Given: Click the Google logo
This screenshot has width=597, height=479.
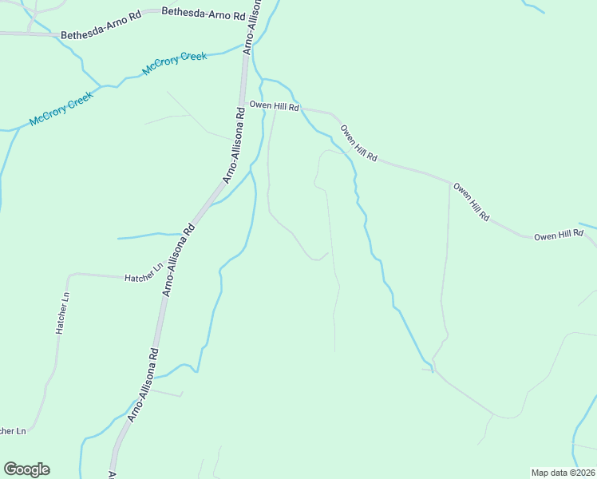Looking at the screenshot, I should click(27, 469).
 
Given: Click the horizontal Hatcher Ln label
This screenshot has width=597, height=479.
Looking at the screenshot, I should click(144, 277).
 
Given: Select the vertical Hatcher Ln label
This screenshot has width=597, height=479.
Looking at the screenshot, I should click(62, 312).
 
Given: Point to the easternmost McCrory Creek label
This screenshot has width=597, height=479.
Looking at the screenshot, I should click(174, 63).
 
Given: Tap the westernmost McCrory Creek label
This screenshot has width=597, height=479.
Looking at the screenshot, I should click(61, 109).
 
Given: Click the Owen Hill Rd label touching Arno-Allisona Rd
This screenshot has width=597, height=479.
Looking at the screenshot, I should click(274, 105).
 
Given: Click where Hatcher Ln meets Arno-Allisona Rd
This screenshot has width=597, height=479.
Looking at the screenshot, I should click(169, 279).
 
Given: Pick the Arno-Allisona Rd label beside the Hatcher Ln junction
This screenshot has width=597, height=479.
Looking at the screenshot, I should click(177, 260).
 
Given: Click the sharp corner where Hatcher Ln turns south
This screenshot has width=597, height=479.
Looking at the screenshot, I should click(69, 275).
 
